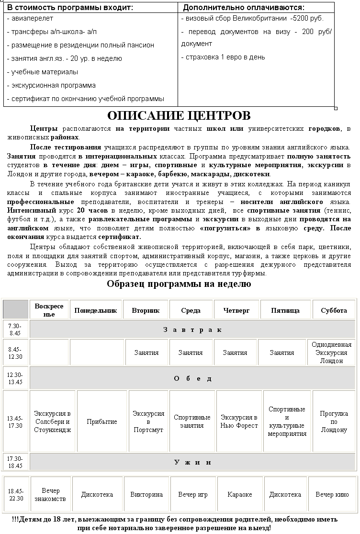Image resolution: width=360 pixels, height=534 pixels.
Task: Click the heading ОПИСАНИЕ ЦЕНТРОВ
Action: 179,116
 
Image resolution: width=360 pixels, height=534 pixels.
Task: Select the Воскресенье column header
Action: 49,310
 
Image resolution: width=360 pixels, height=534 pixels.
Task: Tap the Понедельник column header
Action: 96,310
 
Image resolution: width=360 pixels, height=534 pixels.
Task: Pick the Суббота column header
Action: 334,310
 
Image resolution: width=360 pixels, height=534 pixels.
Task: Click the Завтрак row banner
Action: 192,329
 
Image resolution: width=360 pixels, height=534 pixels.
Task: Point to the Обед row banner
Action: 192,378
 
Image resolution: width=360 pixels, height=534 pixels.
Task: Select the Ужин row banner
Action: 192,462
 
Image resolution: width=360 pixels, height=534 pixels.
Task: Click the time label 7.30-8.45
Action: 15,329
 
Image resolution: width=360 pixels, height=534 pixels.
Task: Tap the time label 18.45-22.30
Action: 15,495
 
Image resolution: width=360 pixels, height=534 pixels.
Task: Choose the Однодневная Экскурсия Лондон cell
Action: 331,352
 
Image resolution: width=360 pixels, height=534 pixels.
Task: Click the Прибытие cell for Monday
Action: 102,422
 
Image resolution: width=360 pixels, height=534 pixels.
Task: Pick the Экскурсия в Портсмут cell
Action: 148,422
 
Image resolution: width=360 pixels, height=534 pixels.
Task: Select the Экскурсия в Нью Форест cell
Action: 239,422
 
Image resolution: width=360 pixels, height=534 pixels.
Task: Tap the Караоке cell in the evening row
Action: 239,495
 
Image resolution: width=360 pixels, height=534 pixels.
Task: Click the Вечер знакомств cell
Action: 50,495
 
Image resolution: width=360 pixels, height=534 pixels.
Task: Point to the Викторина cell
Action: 146,495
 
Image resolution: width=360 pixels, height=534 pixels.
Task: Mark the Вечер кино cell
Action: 332,495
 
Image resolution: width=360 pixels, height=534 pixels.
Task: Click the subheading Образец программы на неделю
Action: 179,284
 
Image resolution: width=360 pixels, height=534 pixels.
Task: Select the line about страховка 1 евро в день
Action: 223,57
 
